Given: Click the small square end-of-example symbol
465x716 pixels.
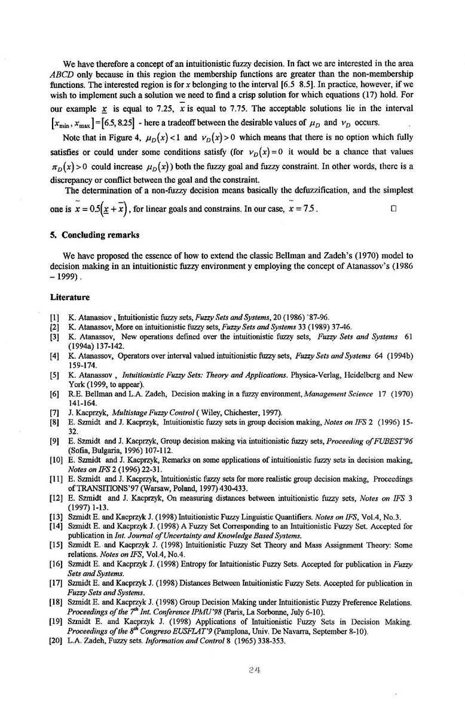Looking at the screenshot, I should click(393, 210).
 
